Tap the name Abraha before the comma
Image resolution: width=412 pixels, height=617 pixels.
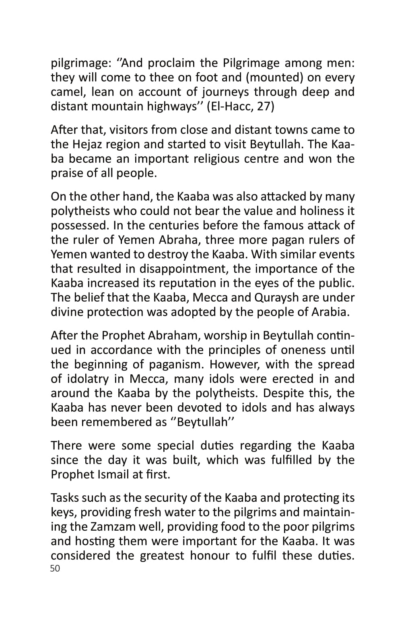click(181, 240)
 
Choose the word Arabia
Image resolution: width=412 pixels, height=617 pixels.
click(329, 312)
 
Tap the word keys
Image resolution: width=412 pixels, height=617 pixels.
click(61, 512)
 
